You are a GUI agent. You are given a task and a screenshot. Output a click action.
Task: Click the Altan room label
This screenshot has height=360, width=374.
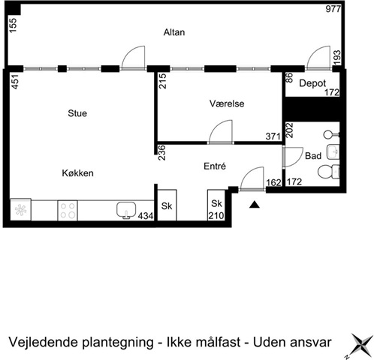pos(174,32)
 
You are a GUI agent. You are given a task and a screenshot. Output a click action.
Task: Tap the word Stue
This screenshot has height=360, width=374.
pos(77,113)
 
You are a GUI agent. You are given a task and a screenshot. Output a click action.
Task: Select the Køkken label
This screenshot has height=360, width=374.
pos(77,173)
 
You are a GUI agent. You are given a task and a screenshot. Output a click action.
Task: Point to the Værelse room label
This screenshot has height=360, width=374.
pos(227,103)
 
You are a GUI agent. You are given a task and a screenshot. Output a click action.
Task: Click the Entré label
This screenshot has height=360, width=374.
pos(215,166)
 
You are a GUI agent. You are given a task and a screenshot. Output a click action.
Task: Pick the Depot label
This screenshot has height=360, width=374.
pos(312,83)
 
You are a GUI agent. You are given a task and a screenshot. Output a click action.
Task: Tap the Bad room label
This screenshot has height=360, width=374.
pos(313,156)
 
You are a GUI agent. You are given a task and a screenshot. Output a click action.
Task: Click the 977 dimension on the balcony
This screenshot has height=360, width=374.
pos(333,9)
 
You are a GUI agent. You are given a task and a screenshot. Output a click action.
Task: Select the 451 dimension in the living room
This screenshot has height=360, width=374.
pos(15,82)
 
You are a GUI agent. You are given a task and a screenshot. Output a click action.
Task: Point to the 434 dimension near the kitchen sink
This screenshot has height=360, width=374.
pos(146,216)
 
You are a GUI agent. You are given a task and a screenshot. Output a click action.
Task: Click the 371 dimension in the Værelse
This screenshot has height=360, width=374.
pos(273,136)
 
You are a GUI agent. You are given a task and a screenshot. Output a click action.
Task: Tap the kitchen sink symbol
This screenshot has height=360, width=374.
pos(126,210)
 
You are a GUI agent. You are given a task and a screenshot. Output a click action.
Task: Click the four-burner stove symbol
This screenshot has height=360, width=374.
pos(68,211)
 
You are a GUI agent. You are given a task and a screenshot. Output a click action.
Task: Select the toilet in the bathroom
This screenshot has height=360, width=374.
pos(328,172)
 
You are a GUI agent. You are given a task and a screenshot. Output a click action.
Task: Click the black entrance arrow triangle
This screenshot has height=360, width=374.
pos(255,205)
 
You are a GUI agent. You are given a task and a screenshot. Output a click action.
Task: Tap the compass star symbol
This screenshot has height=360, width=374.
pos(361,346)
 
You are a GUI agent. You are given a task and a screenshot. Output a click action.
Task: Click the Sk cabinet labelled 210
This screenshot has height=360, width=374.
pos(216,205)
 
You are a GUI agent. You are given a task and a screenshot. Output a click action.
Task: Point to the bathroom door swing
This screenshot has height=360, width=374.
pos(293,157)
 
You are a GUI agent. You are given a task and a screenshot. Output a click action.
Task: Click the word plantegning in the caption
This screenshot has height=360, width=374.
pos(118,343)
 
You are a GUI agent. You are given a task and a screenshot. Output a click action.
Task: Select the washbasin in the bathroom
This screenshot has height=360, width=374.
pos(333,151)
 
